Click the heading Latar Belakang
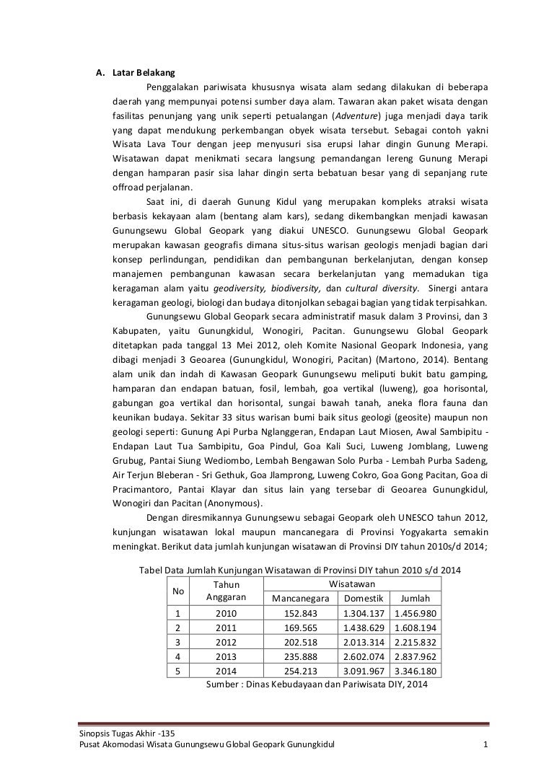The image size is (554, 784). pyautogui.click(x=138, y=73)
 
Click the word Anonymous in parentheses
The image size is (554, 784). pyautogui.click(x=234, y=503)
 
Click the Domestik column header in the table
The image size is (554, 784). pyautogui.click(x=363, y=599)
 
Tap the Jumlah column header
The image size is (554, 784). pyautogui.click(x=415, y=599)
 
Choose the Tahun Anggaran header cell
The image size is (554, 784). pyautogui.click(x=227, y=591)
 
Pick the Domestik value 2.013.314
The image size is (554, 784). pyautogui.click(x=363, y=642)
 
